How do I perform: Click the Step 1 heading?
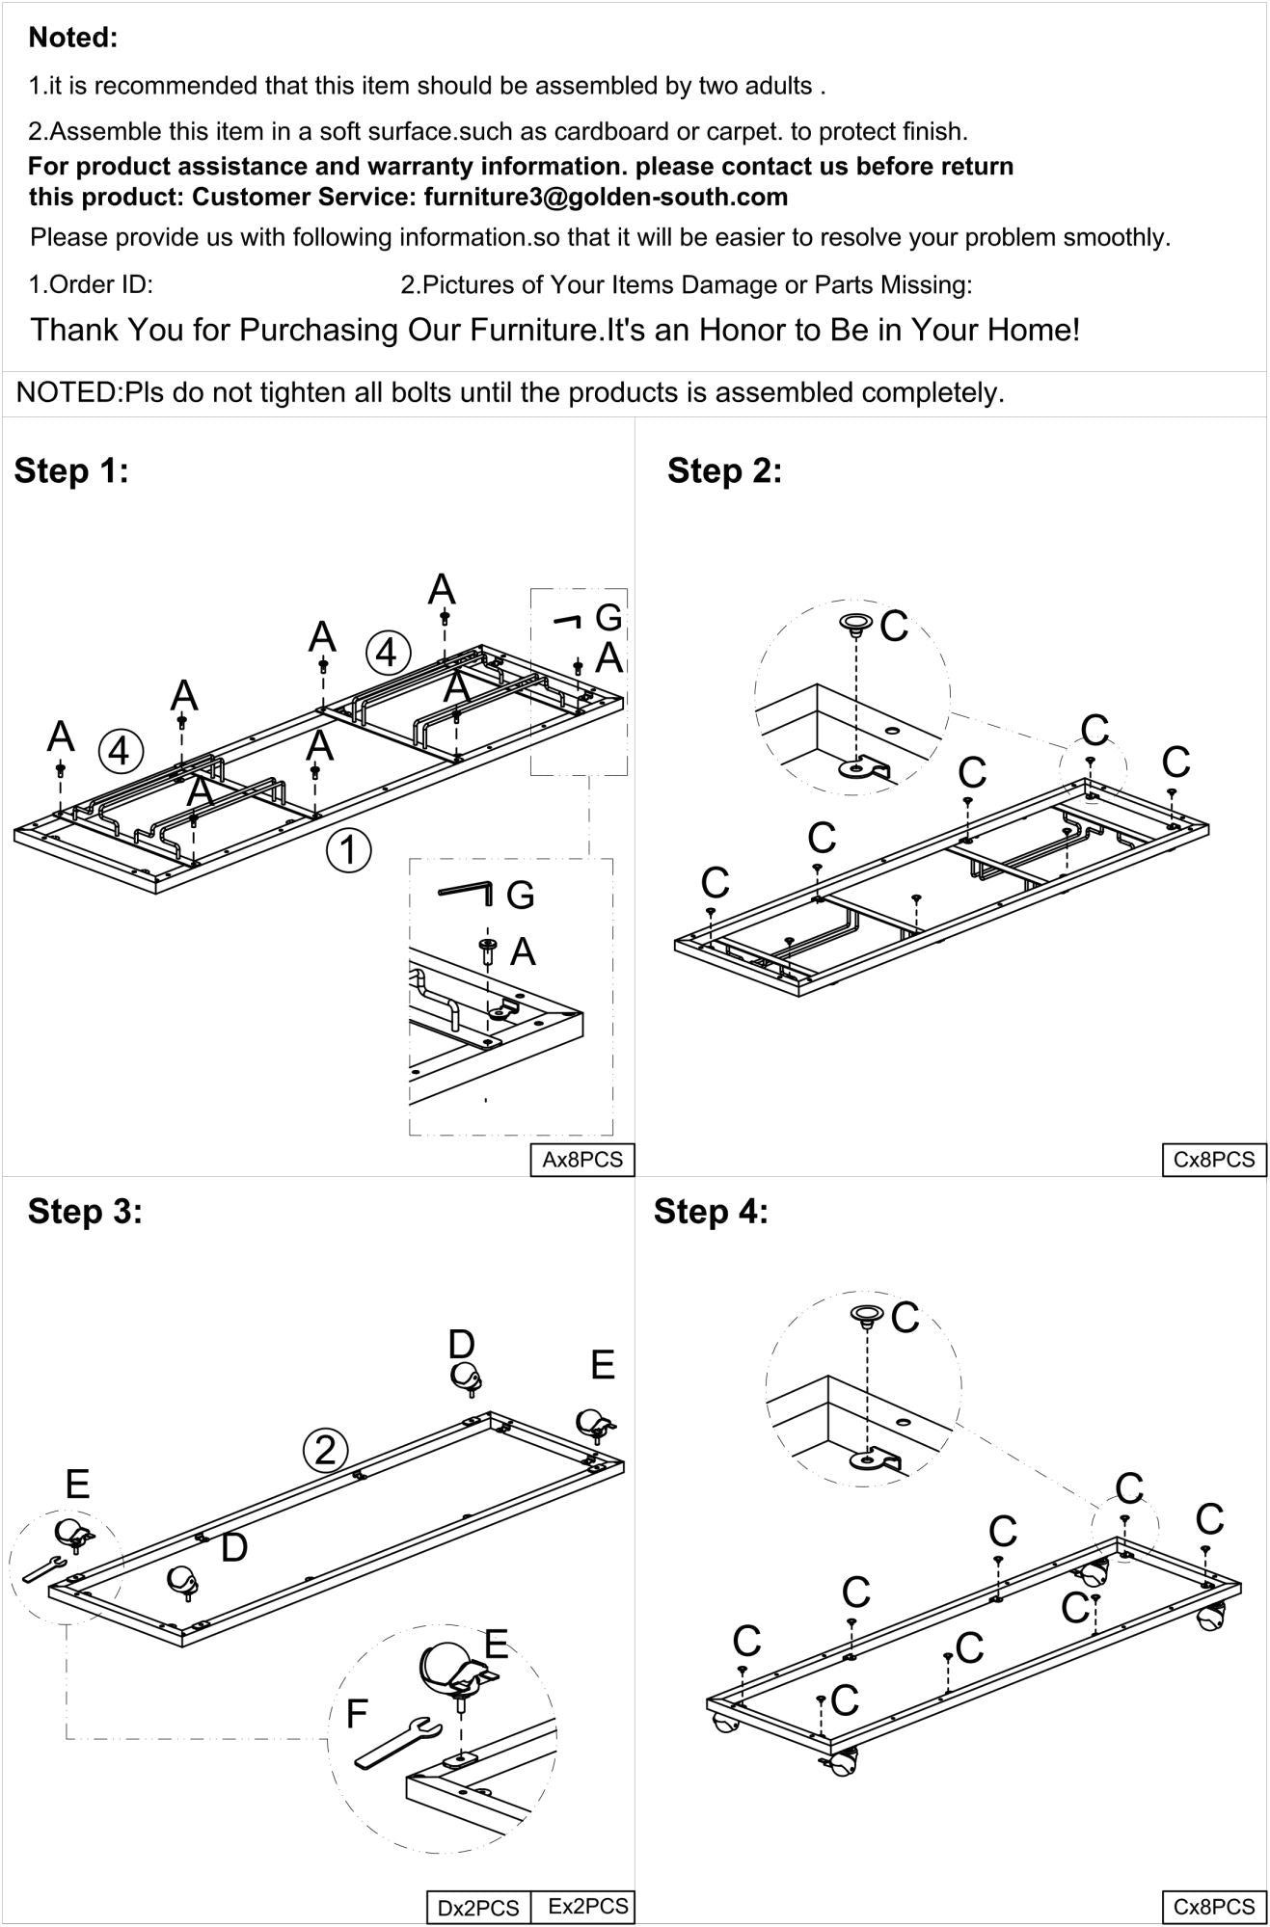[x=71, y=471]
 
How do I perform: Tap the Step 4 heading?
[x=711, y=1211]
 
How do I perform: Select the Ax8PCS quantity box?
[x=581, y=1160]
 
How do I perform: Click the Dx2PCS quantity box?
[x=478, y=1908]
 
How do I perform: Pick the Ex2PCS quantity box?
[x=587, y=1906]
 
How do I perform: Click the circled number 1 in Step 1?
[x=348, y=850]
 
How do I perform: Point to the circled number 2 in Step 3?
[x=325, y=1450]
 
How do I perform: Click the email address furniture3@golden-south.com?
[x=606, y=198]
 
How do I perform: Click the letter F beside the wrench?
[x=357, y=1713]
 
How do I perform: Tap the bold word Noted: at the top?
[x=73, y=38]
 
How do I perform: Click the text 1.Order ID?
[x=91, y=285]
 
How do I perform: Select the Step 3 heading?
[x=85, y=1211]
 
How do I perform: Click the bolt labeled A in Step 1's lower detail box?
[x=488, y=952]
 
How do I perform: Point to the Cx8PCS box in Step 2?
[x=1213, y=1160]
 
